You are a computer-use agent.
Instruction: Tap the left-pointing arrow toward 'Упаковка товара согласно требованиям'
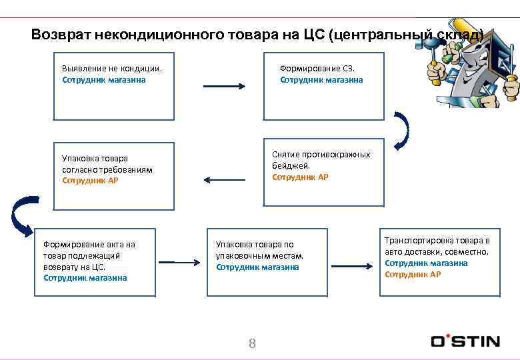click(x=224, y=179)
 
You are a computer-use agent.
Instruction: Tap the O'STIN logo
click(x=465, y=341)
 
